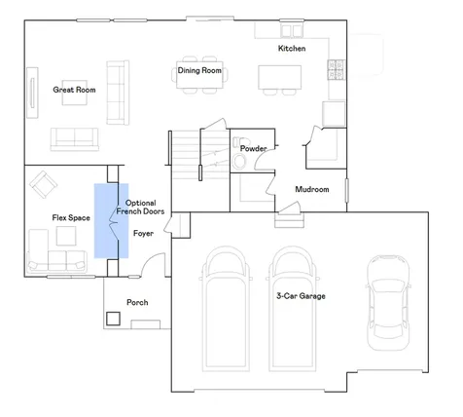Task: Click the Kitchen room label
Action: [x=292, y=49]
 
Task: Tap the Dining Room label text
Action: [x=199, y=70]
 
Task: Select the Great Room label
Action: [x=74, y=90]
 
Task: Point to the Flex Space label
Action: [x=71, y=217]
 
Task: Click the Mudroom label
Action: [x=312, y=189]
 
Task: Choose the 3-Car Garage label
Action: [x=301, y=296]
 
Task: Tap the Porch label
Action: [x=137, y=302]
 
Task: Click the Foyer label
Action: [x=143, y=233]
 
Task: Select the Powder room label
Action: [x=254, y=148]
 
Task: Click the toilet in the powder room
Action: [x=240, y=154]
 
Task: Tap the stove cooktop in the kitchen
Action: [x=336, y=69]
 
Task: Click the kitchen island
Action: [x=279, y=77]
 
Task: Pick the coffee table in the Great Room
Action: [x=75, y=93]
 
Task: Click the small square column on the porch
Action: [x=113, y=319]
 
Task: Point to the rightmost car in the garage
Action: [x=388, y=302]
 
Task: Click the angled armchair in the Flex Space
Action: [x=44, y=184]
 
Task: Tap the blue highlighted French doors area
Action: [x=111, y=221]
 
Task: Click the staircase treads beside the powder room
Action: [x=200, y=154]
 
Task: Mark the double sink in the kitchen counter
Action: [x=292, y=31]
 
